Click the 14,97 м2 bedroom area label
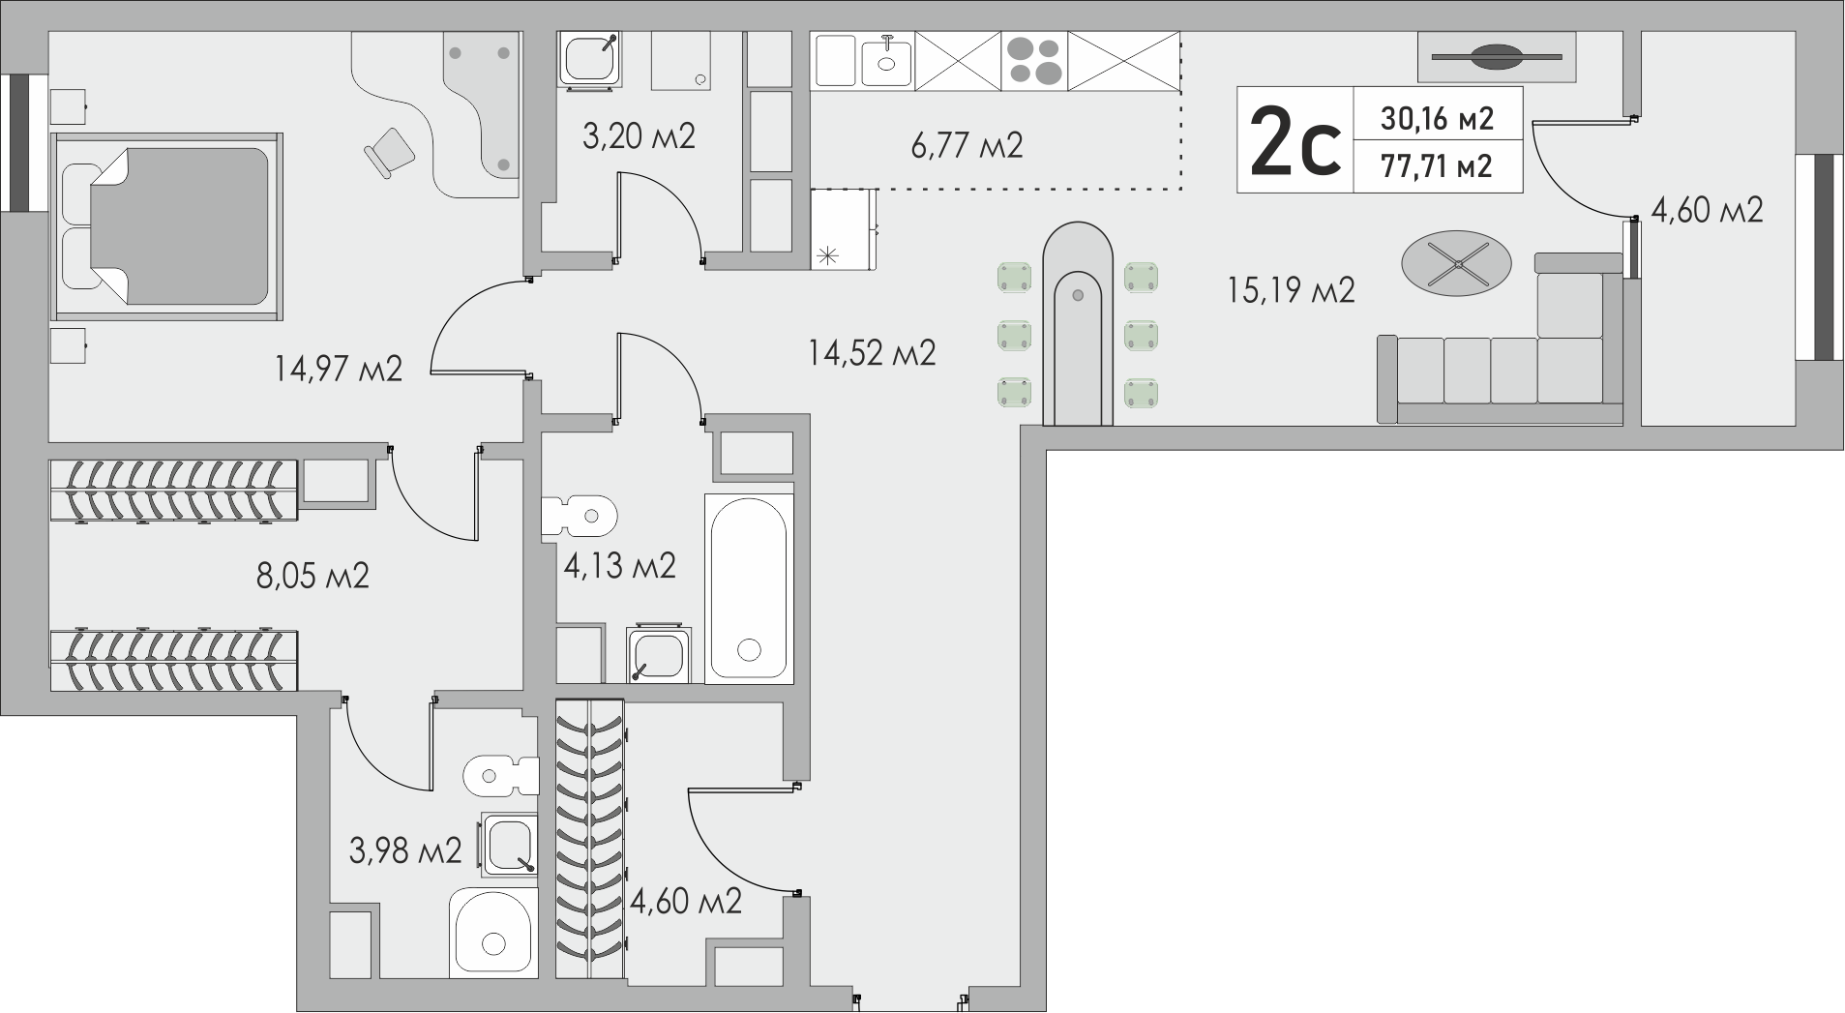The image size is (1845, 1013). pos(339,369)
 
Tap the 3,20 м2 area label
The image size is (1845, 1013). pos(639,136)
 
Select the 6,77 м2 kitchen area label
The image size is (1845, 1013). pos(967,146)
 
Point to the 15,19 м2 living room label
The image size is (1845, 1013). pos(1291,289)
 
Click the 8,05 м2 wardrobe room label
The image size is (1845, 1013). pos(312,577)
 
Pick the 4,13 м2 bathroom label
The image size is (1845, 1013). pos(619,565)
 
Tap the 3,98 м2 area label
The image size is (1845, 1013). pos(405,851)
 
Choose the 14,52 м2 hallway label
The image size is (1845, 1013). pos(872,353)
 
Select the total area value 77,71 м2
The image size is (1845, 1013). pos(1437,166)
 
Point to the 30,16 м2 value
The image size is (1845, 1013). pos(1437,118)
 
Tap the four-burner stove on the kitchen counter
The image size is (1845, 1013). pos(1034,60)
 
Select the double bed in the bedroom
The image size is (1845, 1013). pos(167,226)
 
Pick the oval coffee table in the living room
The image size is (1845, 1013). pos(1456,263)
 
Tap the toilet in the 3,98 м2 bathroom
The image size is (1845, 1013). pos(500,774)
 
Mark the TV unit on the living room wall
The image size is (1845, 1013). pos(1497,57)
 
